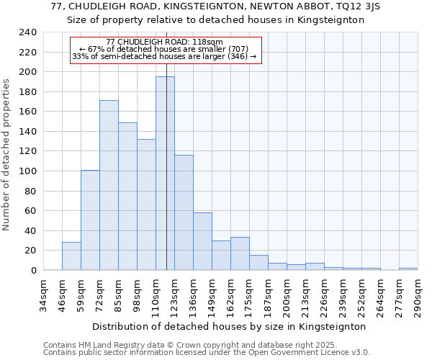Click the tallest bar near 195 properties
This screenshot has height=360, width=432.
tap(165, 173)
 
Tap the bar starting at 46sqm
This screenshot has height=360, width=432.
tap(71, 256)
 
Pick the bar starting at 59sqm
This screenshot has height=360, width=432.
tap(90, 220)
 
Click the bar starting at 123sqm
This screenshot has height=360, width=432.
tap(184, 212)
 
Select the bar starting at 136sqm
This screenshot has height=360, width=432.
tap(202, 241)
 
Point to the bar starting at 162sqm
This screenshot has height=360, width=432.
tap(240, 253)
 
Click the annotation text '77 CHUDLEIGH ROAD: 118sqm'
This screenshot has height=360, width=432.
tap(164, 42)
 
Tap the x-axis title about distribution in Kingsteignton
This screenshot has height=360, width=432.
tap(230, 326)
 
